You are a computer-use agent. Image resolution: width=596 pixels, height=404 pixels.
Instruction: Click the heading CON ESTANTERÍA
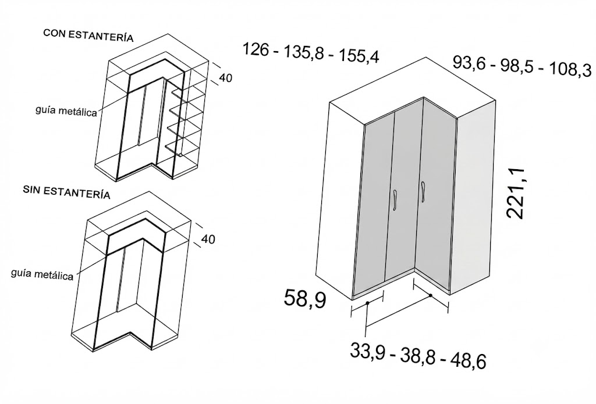pyautogui.click(x=88, y=35)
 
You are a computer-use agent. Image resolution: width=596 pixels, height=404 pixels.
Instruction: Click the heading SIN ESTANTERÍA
pyautogui.click(x=66, y=192)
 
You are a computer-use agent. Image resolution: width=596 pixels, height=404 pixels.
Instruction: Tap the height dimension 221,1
pyautogui.click(x=516, y=193)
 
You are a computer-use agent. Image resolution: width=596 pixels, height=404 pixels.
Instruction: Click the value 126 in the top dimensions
pyautogui.click(x=257, y=49)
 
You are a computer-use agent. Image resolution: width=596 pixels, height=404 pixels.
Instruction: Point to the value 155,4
pyautogui.click(x=359, y=56)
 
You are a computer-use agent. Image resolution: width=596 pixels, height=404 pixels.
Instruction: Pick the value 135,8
pyautogui.click(x=303, y=53)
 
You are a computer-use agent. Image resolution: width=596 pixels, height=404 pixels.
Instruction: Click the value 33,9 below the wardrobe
pyautogui.click(x=367, y=351)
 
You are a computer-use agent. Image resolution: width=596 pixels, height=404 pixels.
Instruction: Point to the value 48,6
pyautogui.click(x=469, y=361)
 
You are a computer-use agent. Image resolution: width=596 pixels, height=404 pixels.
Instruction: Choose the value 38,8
pyautogui.click(x=418, y=356)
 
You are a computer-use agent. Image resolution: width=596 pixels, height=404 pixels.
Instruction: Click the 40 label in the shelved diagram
pyautogui.click(x=225, y=78)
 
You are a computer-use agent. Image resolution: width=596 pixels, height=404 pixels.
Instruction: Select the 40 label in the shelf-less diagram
pyautogui.click(x=208, y=239)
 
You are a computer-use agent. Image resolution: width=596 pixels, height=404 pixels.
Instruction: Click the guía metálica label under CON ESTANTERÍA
pyautogui.click(x=66, y=111)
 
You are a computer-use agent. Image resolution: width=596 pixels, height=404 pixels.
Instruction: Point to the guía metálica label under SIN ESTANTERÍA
pyautogui.click(x=42, y=274)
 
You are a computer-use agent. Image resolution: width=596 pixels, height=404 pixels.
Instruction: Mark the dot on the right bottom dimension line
pyautogui.click(x=431, y=295)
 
